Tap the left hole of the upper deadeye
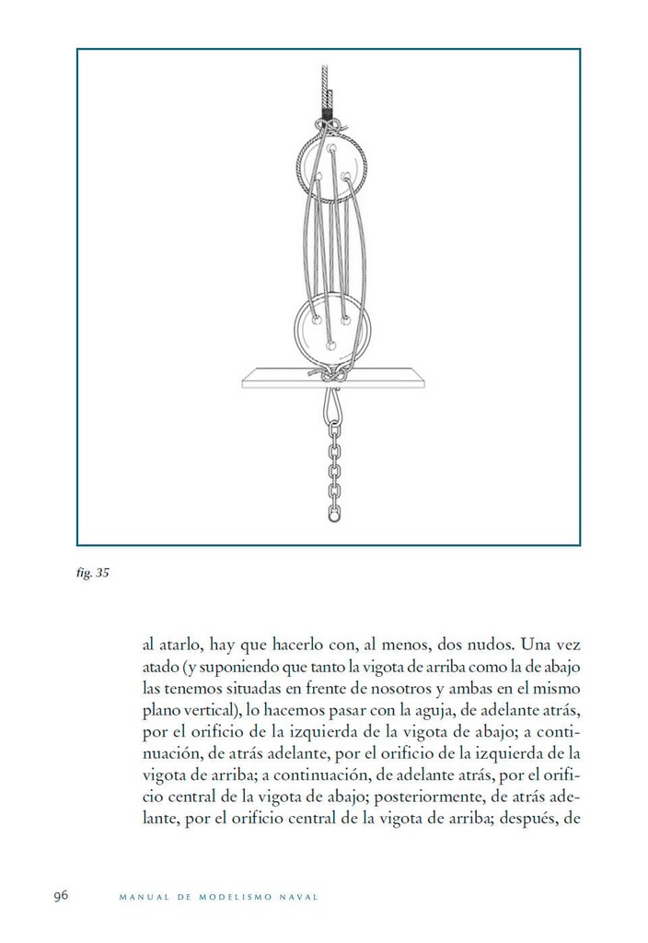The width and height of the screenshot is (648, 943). click(x=318, y=175)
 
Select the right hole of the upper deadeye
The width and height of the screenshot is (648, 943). click(x=346, y=175)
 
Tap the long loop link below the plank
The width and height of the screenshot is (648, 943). click(x=331, y=403)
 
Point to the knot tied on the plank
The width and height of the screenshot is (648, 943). click(x=333, y=375)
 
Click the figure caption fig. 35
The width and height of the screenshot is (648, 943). click(x=93, y=573)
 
